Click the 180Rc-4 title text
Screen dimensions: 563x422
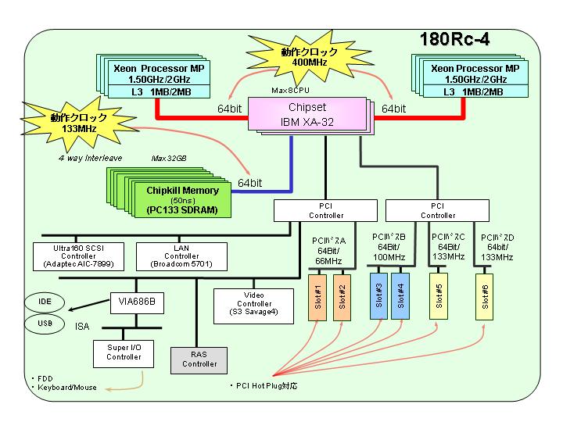tap(454, 39)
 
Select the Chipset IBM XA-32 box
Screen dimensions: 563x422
tap(307, 114)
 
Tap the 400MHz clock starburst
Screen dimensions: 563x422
tap(309, 57)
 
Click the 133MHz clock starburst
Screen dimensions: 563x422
tap(78, 123)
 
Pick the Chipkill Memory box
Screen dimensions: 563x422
tap(182, 199)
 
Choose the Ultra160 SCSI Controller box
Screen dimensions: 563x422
tap(78, 256)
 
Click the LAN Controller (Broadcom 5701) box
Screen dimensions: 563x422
tap(181, 256)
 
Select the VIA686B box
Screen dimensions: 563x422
tap(137, 303)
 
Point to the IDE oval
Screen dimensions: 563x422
tap(45, 302)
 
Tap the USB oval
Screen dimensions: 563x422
tap(45, 324)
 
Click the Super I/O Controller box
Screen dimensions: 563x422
tap(124, 354)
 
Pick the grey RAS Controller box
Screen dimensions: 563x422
tap(199, 360)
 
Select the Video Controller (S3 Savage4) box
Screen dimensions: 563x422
tap(253, 306)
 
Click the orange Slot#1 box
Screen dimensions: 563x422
tap(317, 298)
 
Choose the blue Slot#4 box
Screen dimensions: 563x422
tap(400, 296)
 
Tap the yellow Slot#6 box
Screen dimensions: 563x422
tap(484, 297)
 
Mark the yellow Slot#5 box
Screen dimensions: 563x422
tap(439, 296)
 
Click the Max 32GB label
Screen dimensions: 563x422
tap(169, 158)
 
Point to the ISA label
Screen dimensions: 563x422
tap(82, 326)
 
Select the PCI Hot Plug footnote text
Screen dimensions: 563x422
tap(264, 386)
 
